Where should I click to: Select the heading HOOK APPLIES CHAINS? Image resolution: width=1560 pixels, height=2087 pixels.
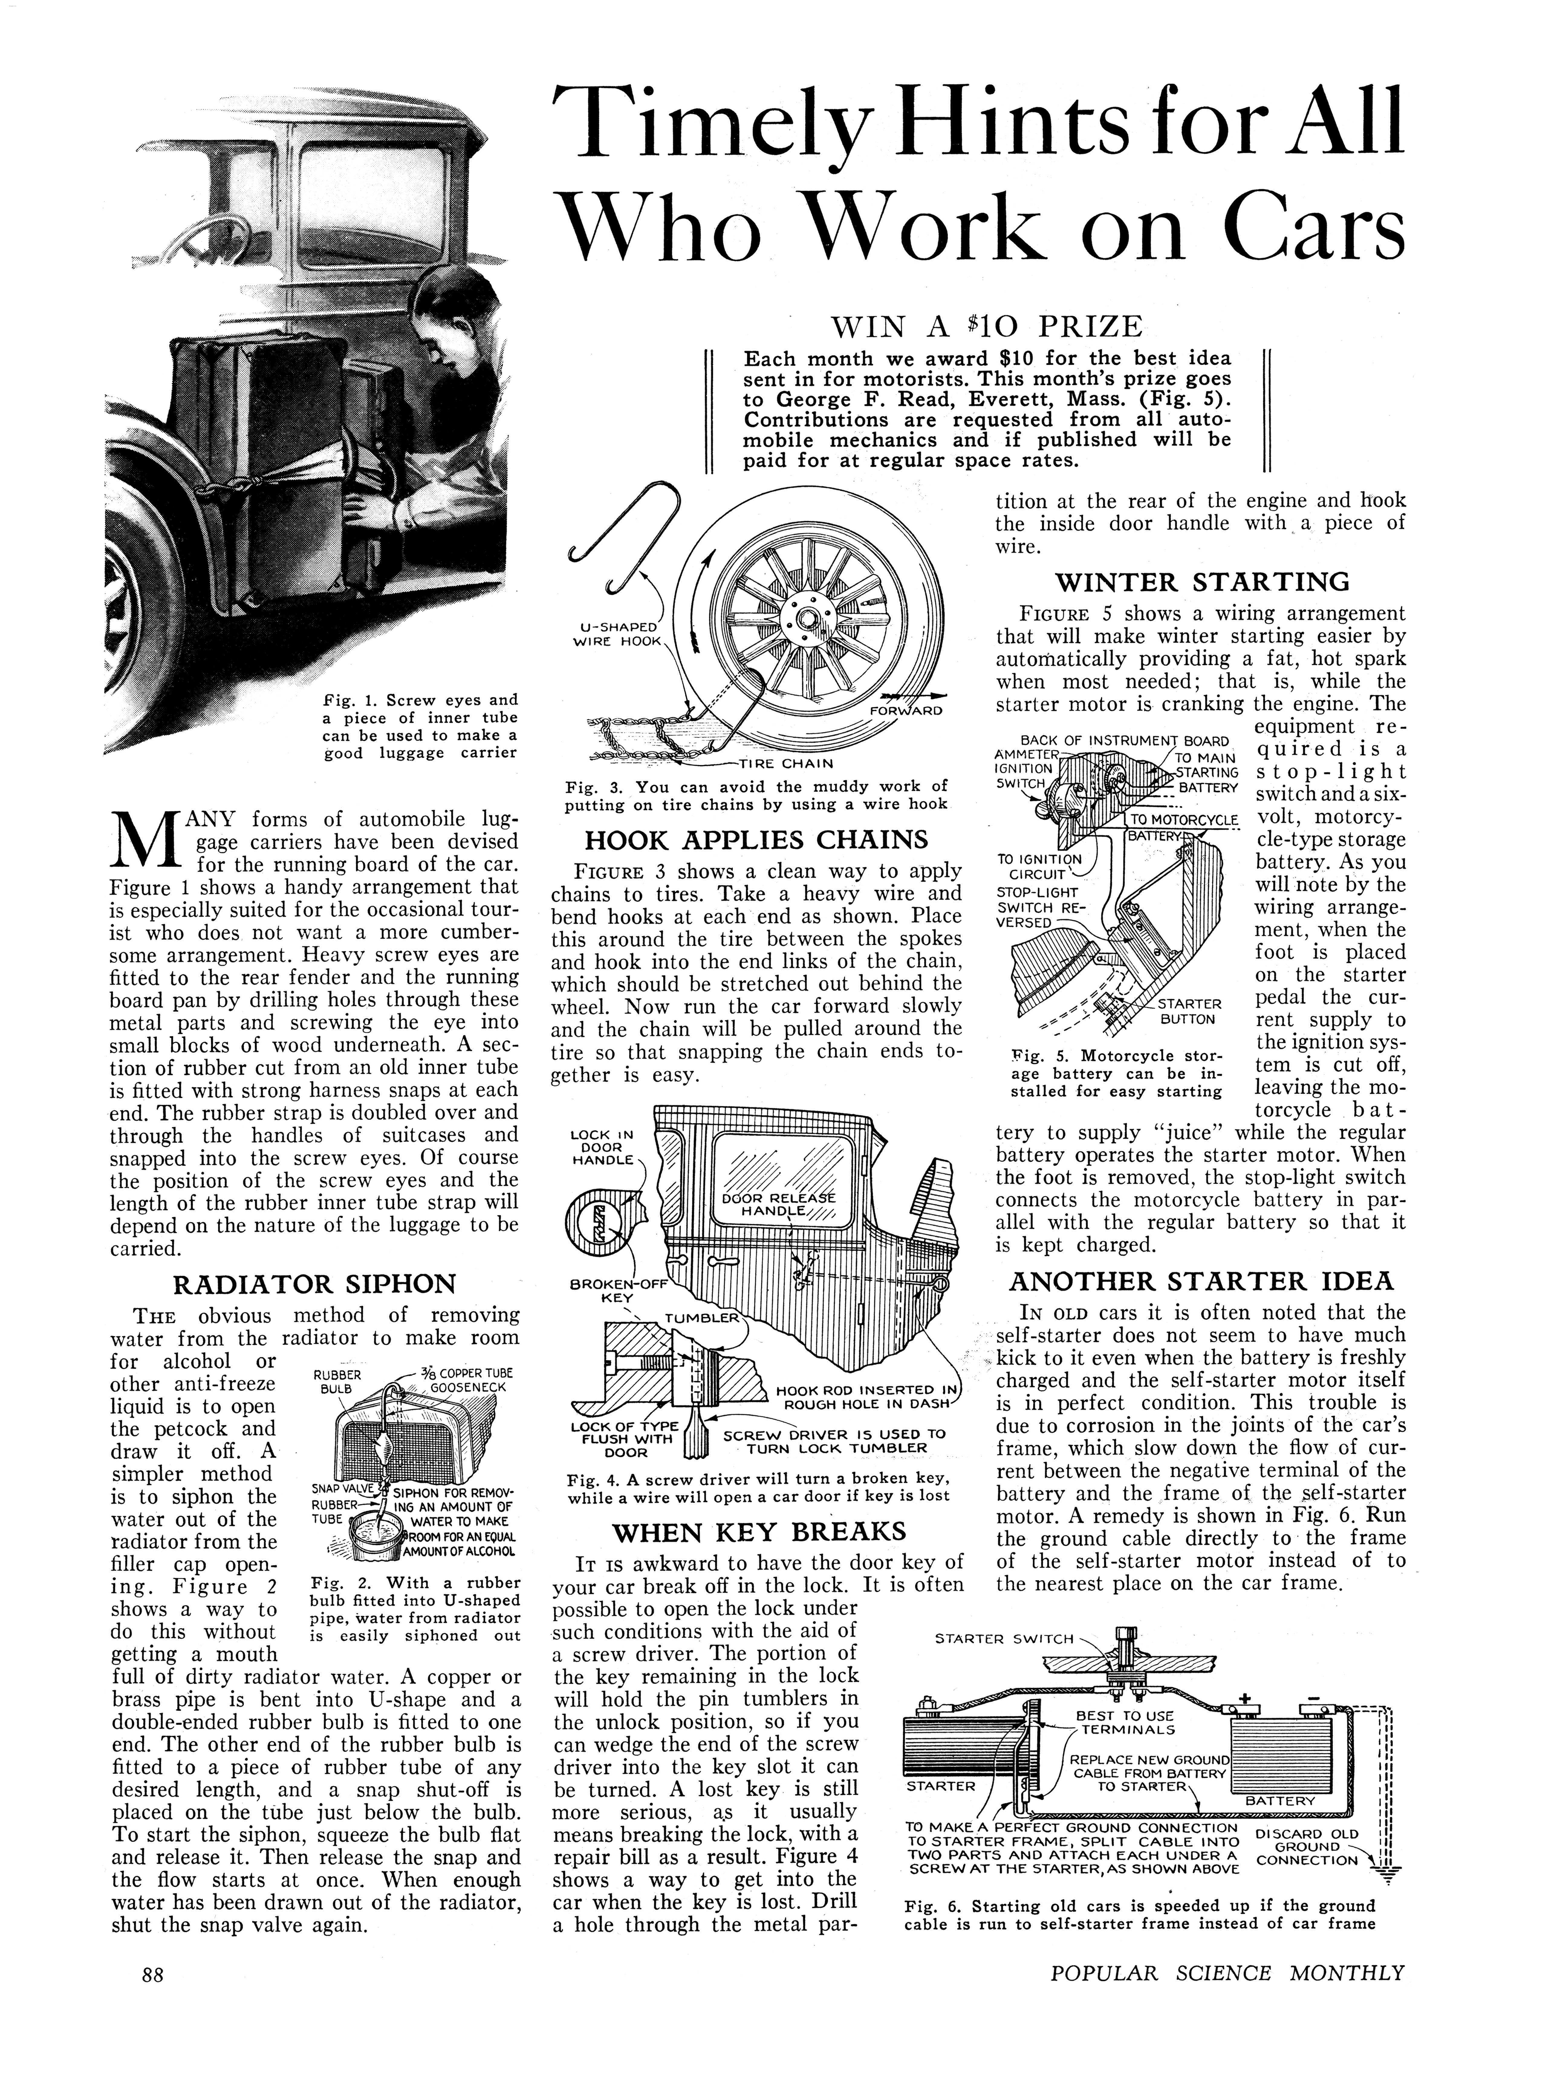point(756,840)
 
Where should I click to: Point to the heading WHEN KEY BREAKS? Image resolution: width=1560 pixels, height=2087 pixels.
point(759,1530)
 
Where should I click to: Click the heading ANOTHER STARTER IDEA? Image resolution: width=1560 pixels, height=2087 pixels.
point(1201,1281)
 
